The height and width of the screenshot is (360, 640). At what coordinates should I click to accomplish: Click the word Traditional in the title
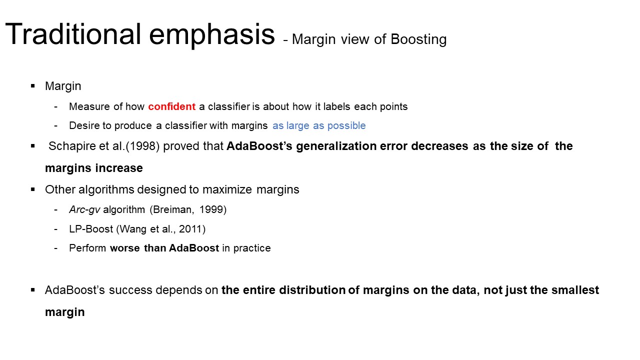coord(73,34)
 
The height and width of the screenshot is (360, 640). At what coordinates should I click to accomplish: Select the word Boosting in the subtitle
coord(418,40)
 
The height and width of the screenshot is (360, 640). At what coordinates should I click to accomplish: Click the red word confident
coord(171,106)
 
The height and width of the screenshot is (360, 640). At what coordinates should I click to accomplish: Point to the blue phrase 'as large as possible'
coord(319,126)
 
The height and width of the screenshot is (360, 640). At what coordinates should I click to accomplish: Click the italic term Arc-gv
coord(84,210)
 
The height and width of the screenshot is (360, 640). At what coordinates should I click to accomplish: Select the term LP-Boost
coord(91,229)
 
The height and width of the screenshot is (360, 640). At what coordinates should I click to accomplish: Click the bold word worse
coord(125,248)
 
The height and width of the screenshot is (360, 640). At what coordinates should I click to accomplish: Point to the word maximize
coord(227,190)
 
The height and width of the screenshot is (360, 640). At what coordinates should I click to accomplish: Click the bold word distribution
coord(312,290)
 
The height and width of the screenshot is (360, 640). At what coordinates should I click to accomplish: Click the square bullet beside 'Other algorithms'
coord(33,189)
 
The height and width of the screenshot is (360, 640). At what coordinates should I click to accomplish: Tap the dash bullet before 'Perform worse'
coord(55,248)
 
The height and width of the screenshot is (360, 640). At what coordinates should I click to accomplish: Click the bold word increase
coord(119,168)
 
